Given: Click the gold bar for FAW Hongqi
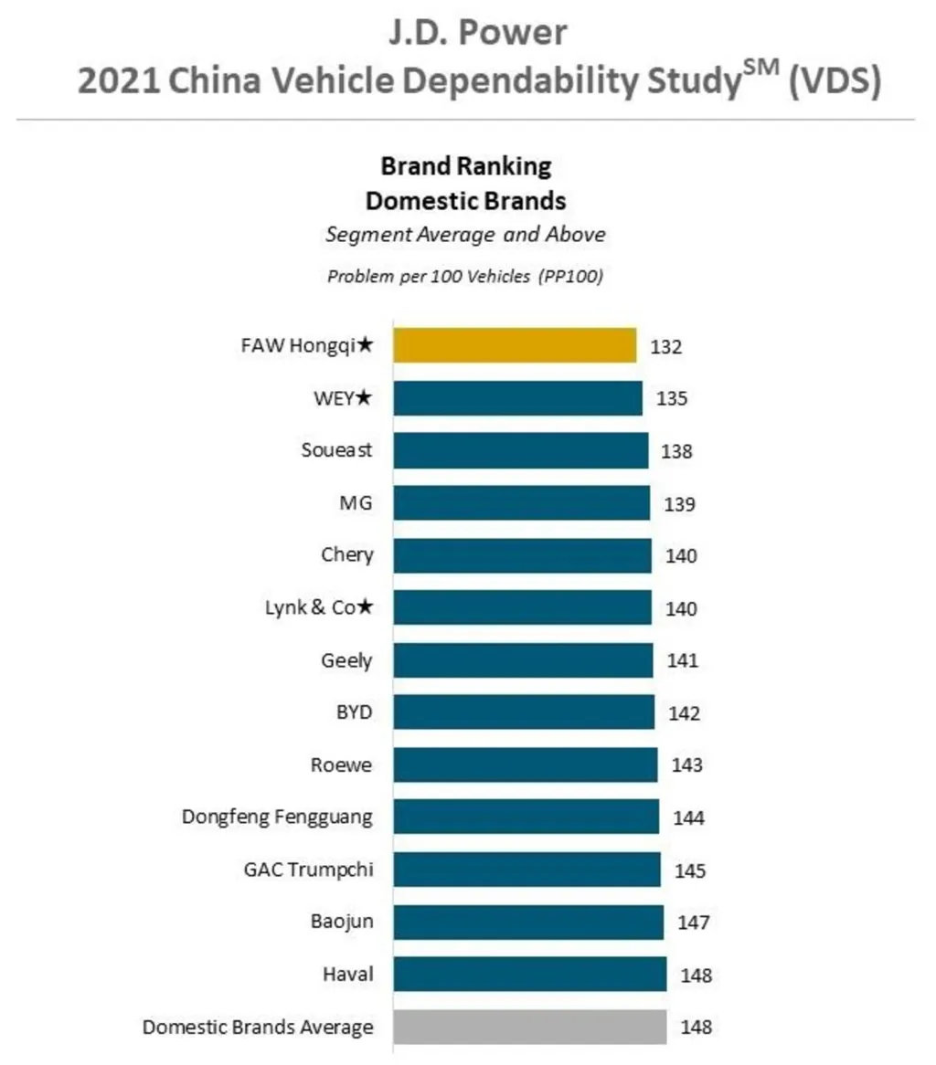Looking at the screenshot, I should click(x=515, y=346).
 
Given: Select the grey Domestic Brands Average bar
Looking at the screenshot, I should click(x=529, y=1027).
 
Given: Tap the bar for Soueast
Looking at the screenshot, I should click(x=520, y=451).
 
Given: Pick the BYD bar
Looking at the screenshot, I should click(x=524, y=712).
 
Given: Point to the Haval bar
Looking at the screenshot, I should click(x=529, y=975).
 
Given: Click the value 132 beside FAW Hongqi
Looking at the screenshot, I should click(x=666, y=347).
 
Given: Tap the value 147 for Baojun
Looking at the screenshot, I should click(x=693, y=923).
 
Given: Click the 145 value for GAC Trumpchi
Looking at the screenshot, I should click(x=690, y=870).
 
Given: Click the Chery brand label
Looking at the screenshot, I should click(x=346, y=555).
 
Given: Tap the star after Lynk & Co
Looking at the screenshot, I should click(x=365, y=607).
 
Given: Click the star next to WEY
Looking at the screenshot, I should click(x=365, y=398).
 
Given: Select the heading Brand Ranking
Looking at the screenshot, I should click(x=466, y=167).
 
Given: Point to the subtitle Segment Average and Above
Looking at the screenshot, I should click(x=466, y=235).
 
